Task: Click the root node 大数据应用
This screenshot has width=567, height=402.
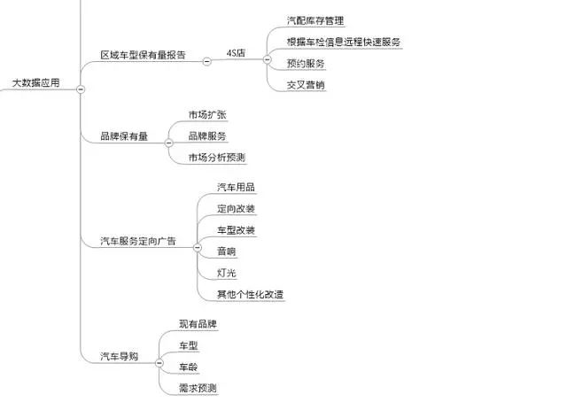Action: tap(35, 82)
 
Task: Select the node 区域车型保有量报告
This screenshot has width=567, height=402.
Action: tap(143, 56)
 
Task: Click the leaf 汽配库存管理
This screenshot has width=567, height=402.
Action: tap(315, 20)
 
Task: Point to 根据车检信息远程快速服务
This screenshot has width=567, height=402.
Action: tap(345, 42)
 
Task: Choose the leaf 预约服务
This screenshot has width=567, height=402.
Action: tap(306, 64)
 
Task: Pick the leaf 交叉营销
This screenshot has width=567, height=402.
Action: tap(306, 85)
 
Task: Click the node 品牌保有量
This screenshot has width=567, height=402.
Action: tap(124, 136)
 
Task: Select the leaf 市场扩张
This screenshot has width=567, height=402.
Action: tap(207, 115)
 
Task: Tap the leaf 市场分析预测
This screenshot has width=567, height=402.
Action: tap(216, 158)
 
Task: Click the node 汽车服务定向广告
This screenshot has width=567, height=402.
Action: tap(137, 241)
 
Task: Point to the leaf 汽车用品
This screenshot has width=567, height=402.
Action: tap(237, 187)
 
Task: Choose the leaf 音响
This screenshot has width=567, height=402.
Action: tap(227, 251)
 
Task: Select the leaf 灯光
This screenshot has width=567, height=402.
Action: tap(227, 273)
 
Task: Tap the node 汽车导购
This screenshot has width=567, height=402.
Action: tap(119, 356)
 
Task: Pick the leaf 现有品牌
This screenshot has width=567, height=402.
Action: tap(198, 324)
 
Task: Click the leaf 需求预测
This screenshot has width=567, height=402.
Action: tap(198, 388)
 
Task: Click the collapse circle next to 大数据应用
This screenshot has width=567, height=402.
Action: tap(81, 89)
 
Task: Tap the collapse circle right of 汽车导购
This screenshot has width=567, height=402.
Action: tap(159, 362)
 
